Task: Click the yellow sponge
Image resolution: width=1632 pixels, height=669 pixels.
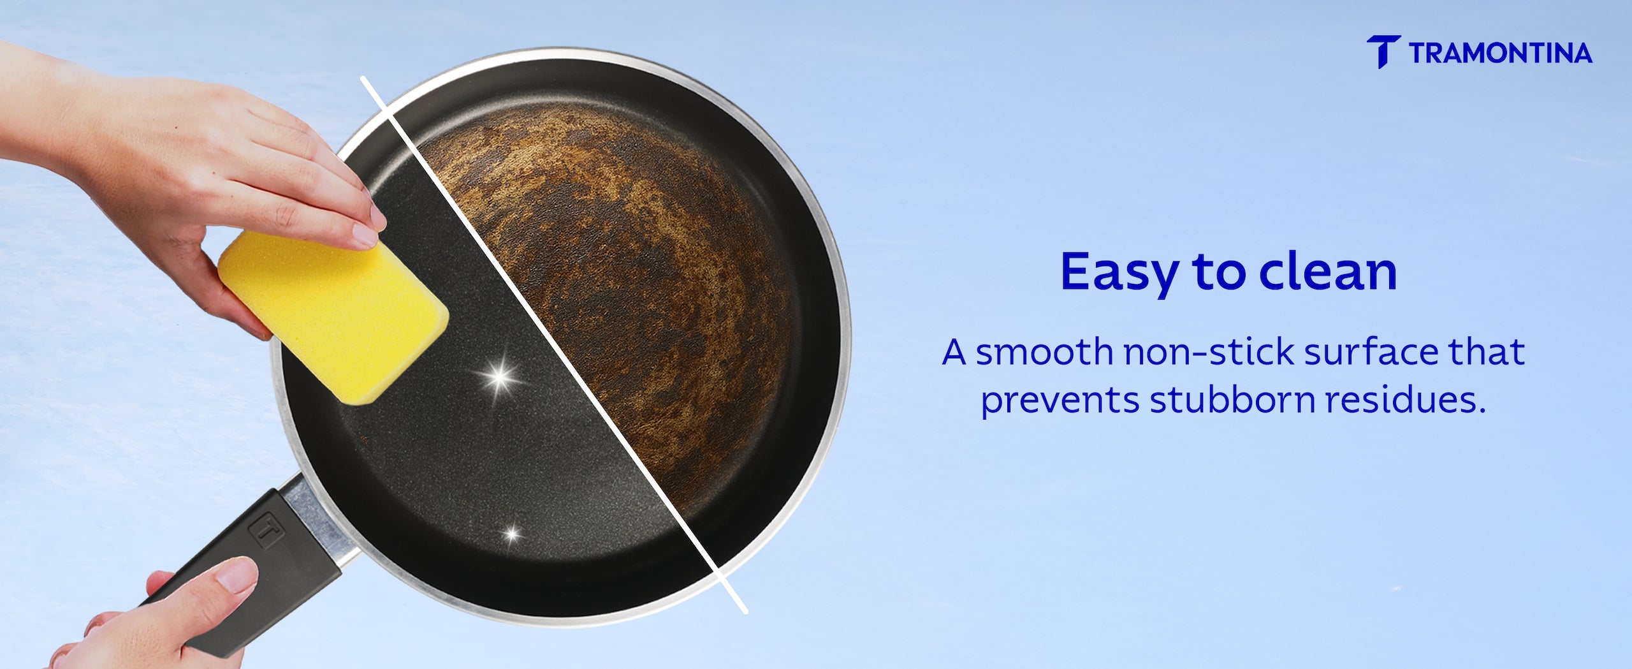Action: point(333,317)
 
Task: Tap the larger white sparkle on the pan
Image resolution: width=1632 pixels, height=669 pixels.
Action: point(500,377)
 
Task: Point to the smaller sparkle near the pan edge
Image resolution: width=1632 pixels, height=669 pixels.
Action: point(511,533)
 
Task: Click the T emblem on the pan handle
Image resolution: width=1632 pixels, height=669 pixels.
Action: point(266,529)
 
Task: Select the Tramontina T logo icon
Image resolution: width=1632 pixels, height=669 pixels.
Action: point(1383,52)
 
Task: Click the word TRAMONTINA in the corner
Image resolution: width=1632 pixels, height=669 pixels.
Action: point(1501,53)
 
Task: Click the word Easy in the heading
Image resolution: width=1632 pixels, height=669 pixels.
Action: point(1119,272)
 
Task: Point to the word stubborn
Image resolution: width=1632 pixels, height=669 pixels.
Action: point(1232,400)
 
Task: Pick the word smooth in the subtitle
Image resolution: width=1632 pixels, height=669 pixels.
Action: point(1044,352)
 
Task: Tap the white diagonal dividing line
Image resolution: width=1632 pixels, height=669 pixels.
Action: point(553,345)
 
